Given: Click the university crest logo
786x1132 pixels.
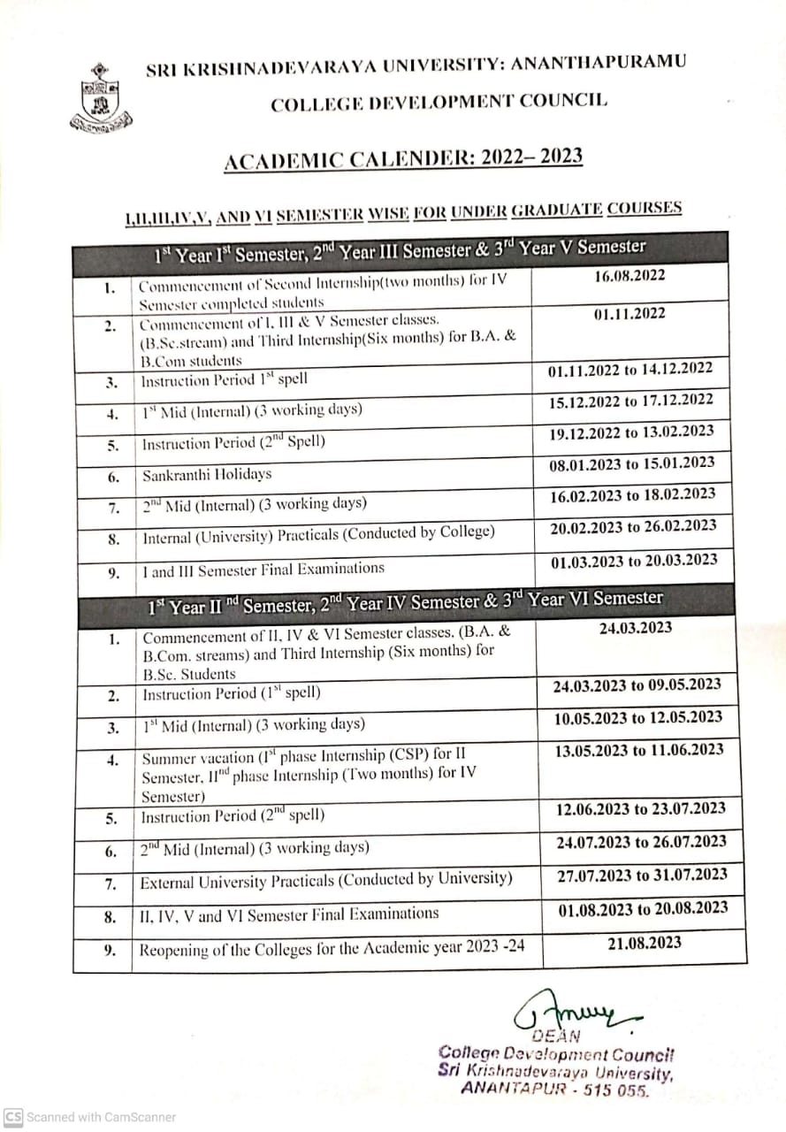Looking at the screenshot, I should click(x=100, y=99).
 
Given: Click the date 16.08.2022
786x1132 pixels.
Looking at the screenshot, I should click(x=630, y=276).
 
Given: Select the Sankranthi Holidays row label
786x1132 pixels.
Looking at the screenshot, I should click(x=207, y=475).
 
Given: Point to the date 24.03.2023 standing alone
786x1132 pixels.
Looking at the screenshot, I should click(x=636, y=628).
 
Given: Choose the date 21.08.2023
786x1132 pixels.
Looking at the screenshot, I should click(x=644, y=943).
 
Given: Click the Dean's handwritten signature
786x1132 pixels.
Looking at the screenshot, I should click(x=575, y=1010).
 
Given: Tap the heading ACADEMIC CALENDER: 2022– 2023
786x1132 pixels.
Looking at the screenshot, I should click(x=403, y=159).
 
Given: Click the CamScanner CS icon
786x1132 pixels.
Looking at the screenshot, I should click(x=13, y=1117).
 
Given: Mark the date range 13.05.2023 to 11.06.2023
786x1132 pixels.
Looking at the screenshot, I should click(x=640, y=751).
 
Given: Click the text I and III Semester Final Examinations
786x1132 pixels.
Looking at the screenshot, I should click(x=263, y=570).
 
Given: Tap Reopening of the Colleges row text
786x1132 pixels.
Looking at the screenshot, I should click(x=332, y=948).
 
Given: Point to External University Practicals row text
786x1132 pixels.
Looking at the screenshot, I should click(x=326, y=880).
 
